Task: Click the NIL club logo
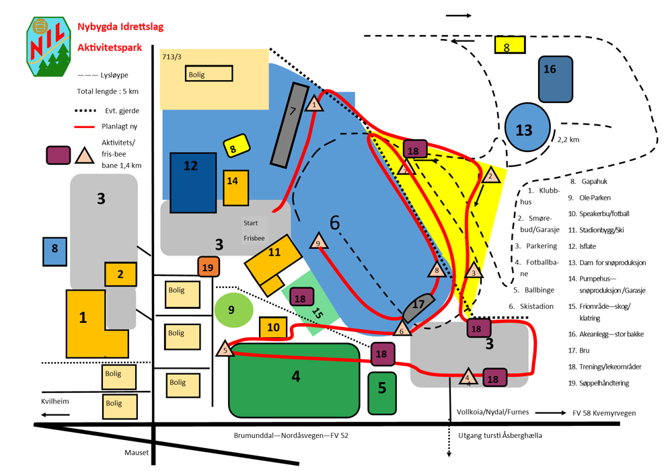[48, 46]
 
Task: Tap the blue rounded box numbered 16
[556, 79]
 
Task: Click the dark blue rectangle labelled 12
[193, 182]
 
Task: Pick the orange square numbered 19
[209, 267]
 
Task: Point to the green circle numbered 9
[233, 310]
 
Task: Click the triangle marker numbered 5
[225, 349]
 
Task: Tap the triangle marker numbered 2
[490, 176]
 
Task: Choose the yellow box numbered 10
[273, 328]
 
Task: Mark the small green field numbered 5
[382, 392]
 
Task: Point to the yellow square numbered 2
[120, 274]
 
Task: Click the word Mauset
[137, 453]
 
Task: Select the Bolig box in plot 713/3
[209, 74]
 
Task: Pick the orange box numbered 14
[235, 188]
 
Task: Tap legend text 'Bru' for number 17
[585, 351]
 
